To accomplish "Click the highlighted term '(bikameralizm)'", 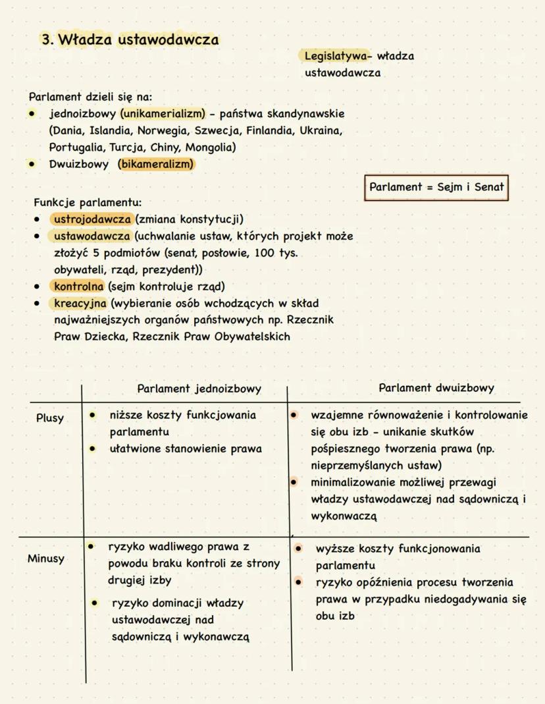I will click(x=156, y=164).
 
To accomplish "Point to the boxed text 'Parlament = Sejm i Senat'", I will click(x=436, y=187).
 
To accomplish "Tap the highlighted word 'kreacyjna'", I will click(x=81, y=304).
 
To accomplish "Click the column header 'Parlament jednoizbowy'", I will click(x=199, y=389).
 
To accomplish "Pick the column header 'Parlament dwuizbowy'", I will click(x=436, y=388).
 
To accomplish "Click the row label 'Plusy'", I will click(x=50, y=418).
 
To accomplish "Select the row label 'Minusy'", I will click(x=46, y=559).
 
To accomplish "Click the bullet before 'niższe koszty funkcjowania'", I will click(x=93, y=416).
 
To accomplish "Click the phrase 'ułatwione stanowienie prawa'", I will click(x=186, y=449).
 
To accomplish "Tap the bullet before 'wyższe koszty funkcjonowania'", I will click(x=298, y=548).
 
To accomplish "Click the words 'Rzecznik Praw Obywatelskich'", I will click(x=216, y=337).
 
